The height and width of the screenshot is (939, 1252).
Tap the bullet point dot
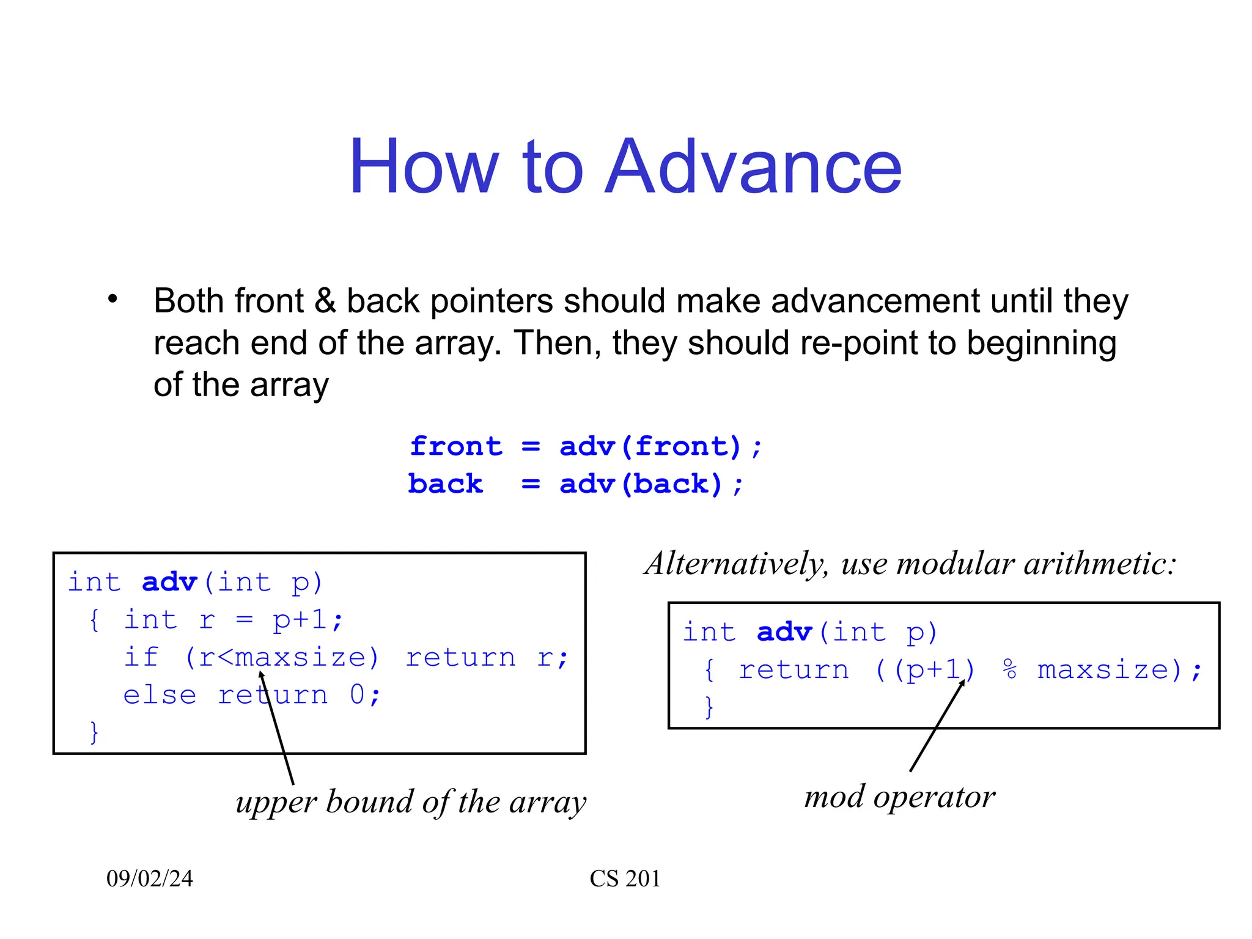click(112, 299)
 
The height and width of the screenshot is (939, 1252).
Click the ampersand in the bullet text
click(325, 301)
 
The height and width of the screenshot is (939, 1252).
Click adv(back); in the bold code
click(651, 484)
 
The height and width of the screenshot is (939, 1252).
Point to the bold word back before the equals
click(445, 484)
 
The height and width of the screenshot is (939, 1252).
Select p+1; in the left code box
click(307, 620)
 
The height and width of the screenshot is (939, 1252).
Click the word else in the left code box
click(160, 695)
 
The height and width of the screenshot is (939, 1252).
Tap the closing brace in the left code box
click(94, 732)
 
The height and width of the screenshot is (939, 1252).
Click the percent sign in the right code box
click(1009, 670)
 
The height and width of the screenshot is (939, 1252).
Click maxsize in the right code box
click(1104, 670)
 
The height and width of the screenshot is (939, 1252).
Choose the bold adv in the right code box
click(784, 632)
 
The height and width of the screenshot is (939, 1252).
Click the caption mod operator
click(899, 797)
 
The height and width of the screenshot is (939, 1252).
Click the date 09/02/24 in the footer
click(150, 878)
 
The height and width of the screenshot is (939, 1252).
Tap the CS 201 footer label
click(625, 878)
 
